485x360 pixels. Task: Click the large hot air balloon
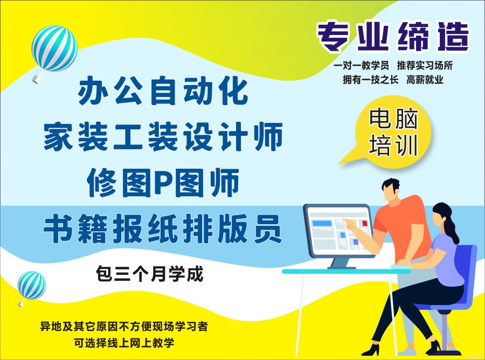(x=54, y=50)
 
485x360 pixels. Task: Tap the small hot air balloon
(x=31, y=287)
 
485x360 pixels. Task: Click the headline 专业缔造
(x=393, y=37)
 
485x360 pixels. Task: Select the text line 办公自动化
(x=163, y=91)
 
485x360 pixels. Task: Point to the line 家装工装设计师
(x=163, y=136)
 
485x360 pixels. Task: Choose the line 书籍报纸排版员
(x=163, y=229)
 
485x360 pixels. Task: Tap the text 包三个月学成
(x=150, y=274)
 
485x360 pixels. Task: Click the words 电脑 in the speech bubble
(x=393, y=119)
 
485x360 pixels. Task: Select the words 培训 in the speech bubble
(x=393, y=145)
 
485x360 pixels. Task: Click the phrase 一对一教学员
(x=361, y=66)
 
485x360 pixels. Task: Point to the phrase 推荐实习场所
(x=425, y=66)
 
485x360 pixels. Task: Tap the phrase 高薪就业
(x=425, y=80)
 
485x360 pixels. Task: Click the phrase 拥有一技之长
(x=371, y=80)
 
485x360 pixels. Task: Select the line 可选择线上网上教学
(x=124, y=343)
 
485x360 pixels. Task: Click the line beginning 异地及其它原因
(x=124, y=326)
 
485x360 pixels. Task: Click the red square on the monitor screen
(x=365, y=223)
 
